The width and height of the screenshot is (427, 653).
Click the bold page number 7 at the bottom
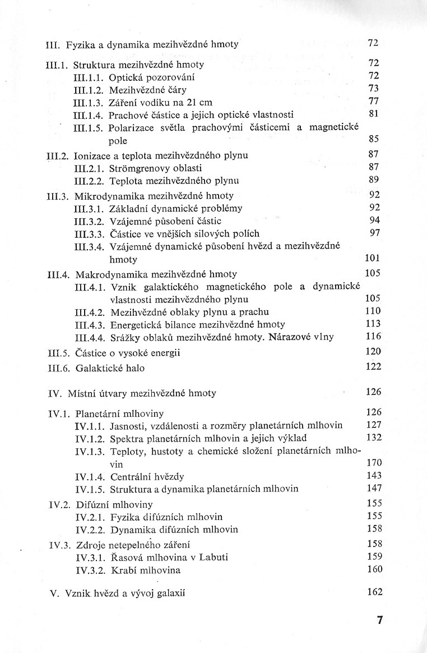coord(379,620)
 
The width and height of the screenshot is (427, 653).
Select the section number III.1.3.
coord(89,102)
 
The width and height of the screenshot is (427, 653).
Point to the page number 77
coord(374,102)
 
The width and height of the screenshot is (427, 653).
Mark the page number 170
coord(373,463)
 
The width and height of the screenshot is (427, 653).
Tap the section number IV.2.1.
coord(90,516)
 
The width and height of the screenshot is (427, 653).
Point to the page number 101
coord(373,259)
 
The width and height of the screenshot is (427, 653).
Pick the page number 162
coord(374,592)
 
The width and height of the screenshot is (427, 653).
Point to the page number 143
coord(373,476)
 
